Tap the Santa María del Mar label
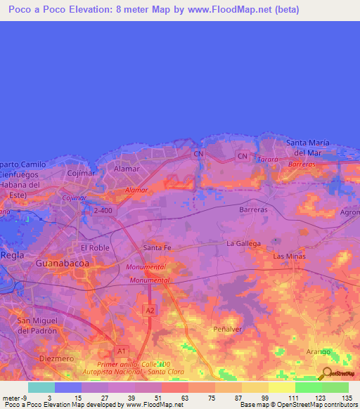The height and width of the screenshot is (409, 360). point(308,148)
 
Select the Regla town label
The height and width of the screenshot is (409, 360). point(12,254)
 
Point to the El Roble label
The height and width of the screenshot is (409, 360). point(94,247)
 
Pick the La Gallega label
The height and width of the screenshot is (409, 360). point(243,243)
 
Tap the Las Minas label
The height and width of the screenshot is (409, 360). point(288,257)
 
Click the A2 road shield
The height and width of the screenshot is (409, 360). point(149,309)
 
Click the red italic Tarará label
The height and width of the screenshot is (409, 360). point(267,160)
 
